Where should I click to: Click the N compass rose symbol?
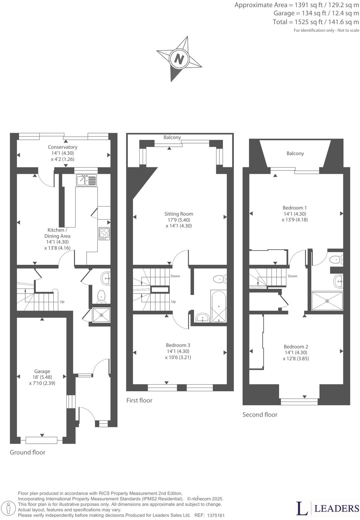click(x=179, y=59)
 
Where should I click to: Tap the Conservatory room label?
click(x=62, y=147)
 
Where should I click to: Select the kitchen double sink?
click(x=86, y=180)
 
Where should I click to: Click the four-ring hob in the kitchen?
click(x=104, y=233)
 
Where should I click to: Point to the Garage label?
click(x=42, y=371)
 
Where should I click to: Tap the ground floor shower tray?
click(x=101, y=315)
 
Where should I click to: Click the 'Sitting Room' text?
click(x=179, y=214)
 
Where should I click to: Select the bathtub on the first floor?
click(x=218, y=306)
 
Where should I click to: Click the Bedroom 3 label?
click(x=178, y=345)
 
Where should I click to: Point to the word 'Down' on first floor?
click(x=175, y=276)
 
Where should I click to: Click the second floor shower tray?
click(x=327, y=301)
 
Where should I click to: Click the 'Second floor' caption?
click(x=260, y=415)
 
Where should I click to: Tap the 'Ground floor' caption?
click(x=27, y=452)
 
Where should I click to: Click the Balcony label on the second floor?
click(x=295, y=153)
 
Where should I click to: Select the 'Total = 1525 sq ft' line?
click(x=316, y=22)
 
